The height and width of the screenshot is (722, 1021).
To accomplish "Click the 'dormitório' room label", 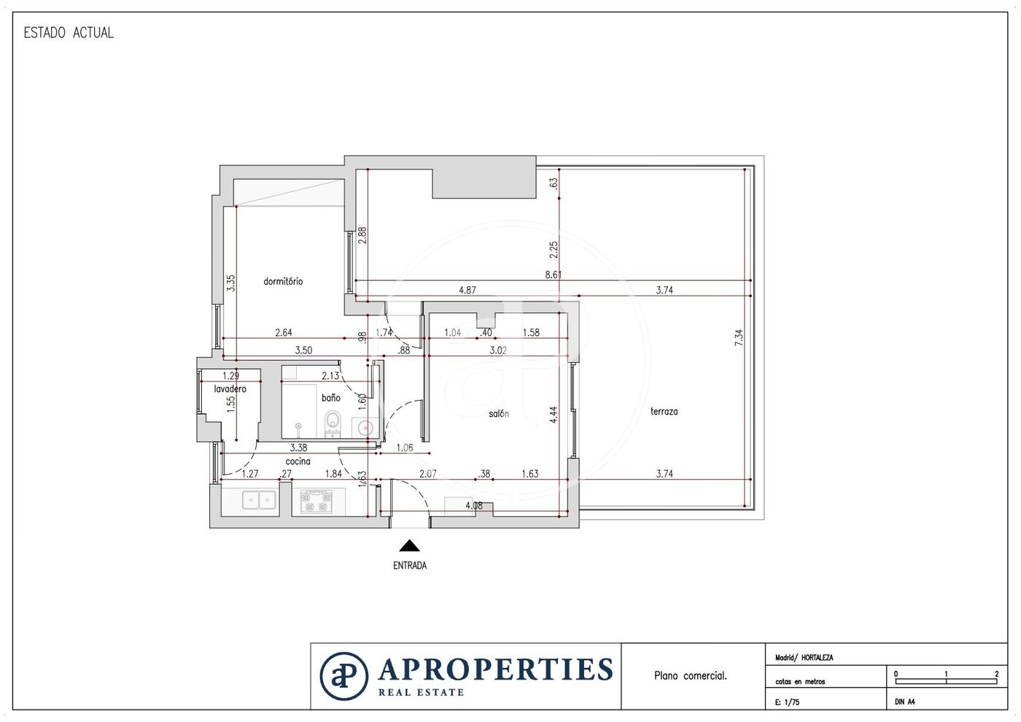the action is click(x=283, y=281).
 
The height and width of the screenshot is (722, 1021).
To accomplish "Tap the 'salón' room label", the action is click(x=499, y=414).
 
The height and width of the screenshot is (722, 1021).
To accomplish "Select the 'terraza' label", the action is click(x=664, y=411).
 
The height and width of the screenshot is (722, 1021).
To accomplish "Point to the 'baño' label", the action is click(x=331, y=398).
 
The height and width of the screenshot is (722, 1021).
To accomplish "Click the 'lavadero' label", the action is click(x=230, y=389).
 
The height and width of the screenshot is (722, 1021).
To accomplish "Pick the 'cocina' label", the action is click(x=298, y=461).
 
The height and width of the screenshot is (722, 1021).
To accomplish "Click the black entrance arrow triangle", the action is click(x=409, y=545).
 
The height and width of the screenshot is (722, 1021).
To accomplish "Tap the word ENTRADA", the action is click(x=410, y=566).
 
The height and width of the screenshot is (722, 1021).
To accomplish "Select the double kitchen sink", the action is click(x=258, y=500).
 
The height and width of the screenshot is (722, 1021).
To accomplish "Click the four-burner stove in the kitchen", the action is click(x=317, y=501).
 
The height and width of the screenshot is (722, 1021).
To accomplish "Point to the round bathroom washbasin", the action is click(x=365, y=428).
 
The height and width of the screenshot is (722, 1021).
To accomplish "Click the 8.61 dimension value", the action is click(x=554, y=274).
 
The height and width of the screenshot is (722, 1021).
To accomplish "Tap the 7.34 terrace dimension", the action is click(x=739, y=337).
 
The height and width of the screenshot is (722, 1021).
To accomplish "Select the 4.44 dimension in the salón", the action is click(x=554, y=415).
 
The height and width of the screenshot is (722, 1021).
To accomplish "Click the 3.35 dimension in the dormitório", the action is click(x=231, y=283).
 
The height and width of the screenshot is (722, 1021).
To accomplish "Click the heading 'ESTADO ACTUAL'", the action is click(x=69, y=33).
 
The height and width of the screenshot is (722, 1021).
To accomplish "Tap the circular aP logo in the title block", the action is click(x=343, y=676).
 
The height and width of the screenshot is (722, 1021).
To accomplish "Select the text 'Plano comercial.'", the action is click(x=691, y=675).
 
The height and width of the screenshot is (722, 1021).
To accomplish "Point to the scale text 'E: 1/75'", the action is click(x=787, y=702).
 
